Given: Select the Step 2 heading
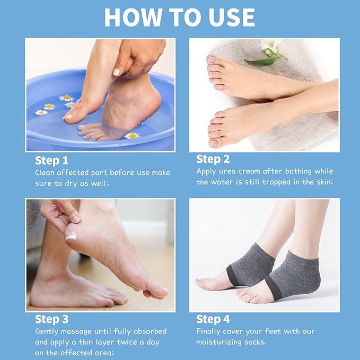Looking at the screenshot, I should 213,159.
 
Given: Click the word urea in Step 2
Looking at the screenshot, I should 229,171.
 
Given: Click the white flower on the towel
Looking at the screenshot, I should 271,48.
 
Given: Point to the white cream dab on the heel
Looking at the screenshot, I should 71,236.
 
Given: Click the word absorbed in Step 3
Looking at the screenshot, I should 146,331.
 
